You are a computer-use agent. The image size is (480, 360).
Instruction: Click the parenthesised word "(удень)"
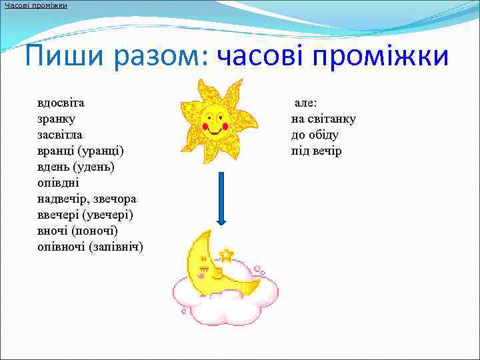(93, 167)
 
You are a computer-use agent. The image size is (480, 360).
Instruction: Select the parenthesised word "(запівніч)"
(116, 247)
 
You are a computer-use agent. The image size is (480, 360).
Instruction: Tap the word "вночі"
(53, 231)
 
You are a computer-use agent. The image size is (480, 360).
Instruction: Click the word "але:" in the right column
(306, 103)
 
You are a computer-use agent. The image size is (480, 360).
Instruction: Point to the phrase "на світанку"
(323, 119)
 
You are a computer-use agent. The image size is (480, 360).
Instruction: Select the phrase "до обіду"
(315, 135)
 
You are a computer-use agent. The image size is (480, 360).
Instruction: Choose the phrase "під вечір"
(316, 151)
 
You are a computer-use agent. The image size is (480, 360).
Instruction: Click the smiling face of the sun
(215, 119)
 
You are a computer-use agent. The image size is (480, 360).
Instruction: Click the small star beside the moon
(227, 255)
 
